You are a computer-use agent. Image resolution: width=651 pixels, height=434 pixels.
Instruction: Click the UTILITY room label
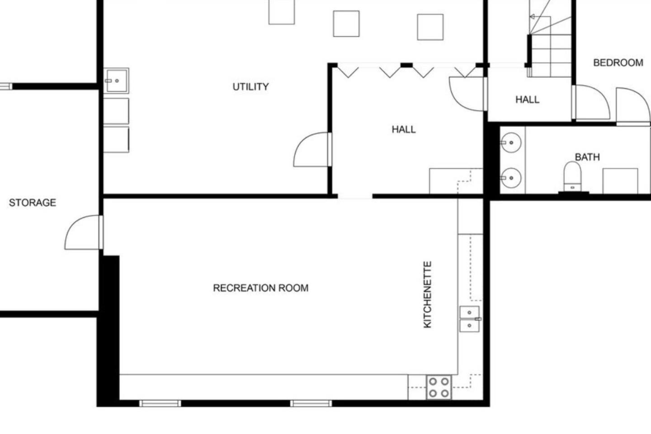(250, 87)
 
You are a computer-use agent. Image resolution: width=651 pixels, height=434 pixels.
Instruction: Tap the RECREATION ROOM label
(261, 288)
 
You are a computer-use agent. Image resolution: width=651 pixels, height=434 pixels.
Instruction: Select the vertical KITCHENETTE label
(427, 294)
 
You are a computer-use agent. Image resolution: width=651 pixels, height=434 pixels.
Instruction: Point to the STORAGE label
(33, 203)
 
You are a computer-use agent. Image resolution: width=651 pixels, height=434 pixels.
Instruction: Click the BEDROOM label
(618, 62)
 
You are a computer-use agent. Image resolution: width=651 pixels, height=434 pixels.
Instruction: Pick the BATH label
(587, 157)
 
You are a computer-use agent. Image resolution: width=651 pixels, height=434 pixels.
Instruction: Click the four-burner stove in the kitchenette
(439, 387)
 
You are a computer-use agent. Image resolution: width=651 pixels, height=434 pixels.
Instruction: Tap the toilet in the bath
(572, 177)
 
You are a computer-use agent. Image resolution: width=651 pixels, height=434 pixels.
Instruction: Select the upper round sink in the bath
(511, 142)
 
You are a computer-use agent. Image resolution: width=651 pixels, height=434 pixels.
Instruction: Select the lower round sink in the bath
(511, 178)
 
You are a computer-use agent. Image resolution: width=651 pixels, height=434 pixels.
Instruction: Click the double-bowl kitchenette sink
(470, 319)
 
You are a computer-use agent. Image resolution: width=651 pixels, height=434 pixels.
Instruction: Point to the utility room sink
(116, 81)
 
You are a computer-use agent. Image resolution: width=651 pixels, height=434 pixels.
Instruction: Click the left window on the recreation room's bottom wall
(160, 403)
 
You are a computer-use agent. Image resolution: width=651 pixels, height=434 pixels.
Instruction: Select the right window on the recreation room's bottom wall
(311, 403)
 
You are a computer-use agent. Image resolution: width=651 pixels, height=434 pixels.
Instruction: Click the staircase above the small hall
(550, 38)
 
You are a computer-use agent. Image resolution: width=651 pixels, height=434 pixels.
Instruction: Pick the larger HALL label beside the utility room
(404, 129)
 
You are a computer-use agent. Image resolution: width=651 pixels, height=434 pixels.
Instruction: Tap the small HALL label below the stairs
(528, 100)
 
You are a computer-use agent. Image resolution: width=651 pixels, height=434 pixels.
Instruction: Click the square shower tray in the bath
(620, 181)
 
